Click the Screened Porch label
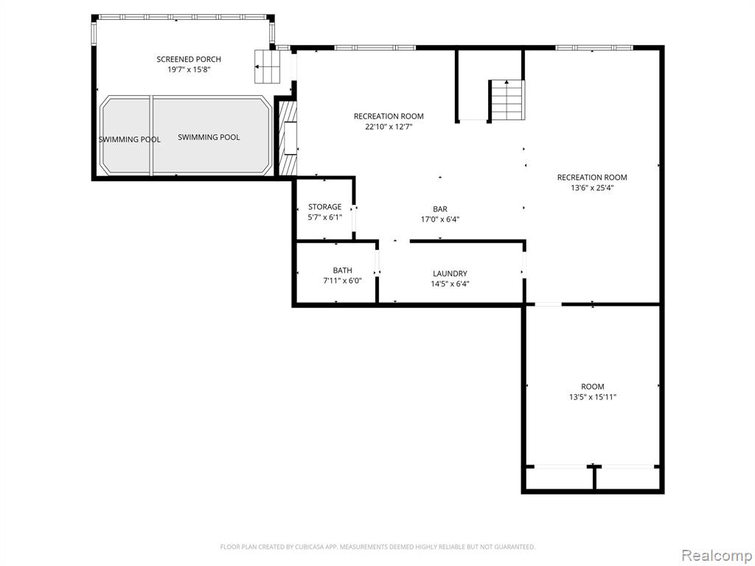(189, 59)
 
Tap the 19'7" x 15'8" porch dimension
(189, 70)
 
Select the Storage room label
(325, 207)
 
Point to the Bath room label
(342, 270)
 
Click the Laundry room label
(450, 273)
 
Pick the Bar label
(440, 209)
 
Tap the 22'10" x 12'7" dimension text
(389, 127)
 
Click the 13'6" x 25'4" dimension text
(592, 188)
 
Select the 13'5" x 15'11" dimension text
(593, 397)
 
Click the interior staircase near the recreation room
(507, 100)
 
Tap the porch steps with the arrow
(267, 66)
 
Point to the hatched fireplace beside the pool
(288, 139)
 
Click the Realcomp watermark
(717, 556)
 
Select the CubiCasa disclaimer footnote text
(378, 547)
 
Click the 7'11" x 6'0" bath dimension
(342, 281)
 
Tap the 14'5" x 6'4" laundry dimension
(450, 284)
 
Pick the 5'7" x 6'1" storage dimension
(325, 217)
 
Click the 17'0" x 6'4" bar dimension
(440, 220)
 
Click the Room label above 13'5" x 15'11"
(593, 386)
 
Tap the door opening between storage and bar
(354, 219)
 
